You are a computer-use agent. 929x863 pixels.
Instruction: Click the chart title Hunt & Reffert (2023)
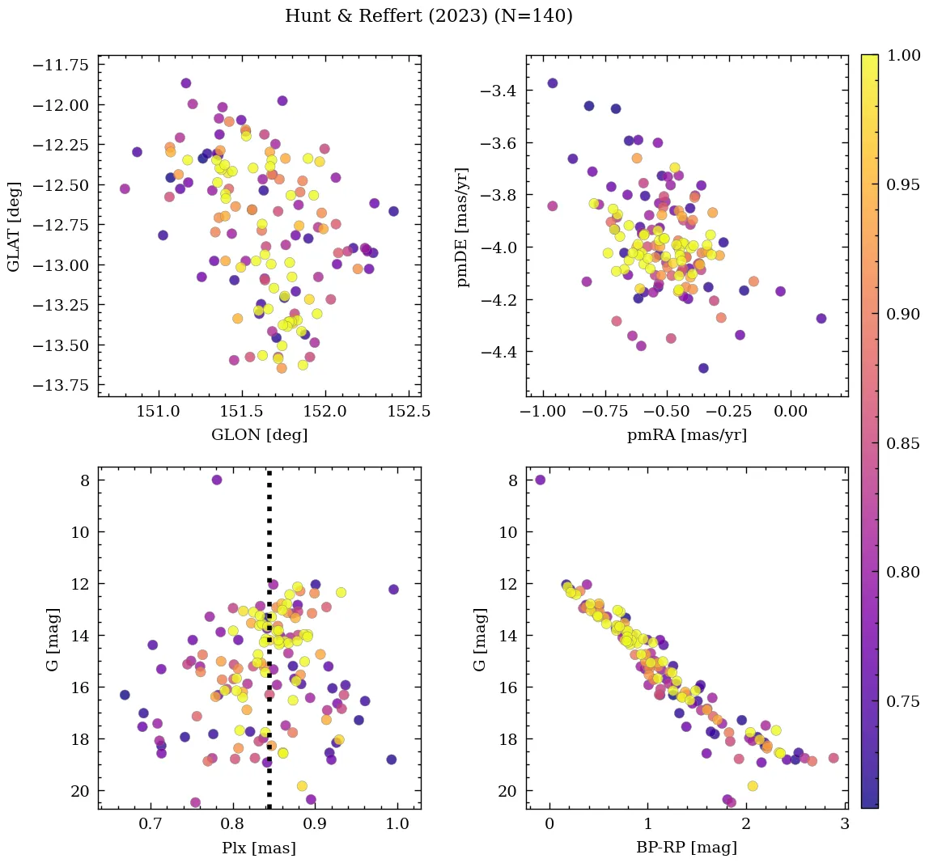(x=429, y=16)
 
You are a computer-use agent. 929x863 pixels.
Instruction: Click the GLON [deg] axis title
(x=259, y=435)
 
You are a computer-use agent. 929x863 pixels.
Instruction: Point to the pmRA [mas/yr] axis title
(x=687, y=435)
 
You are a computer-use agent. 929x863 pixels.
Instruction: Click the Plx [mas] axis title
(x=259, y=848)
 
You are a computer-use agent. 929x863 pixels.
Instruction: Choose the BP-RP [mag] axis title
(x=687, y=848)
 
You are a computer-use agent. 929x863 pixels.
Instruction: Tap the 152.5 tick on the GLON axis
(x=409, y=412)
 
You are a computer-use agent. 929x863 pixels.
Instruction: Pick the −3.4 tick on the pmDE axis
(x=498, y=91)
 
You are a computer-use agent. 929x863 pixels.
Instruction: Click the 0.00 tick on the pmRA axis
(x=791, y=412)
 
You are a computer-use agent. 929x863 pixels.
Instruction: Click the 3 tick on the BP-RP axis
(x=844, y=825)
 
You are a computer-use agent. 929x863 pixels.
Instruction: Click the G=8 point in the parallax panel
(x=217, y=480)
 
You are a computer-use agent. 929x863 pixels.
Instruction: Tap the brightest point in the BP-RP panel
(x=541, y=480)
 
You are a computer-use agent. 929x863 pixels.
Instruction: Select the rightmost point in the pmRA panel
(x=821, y=318)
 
